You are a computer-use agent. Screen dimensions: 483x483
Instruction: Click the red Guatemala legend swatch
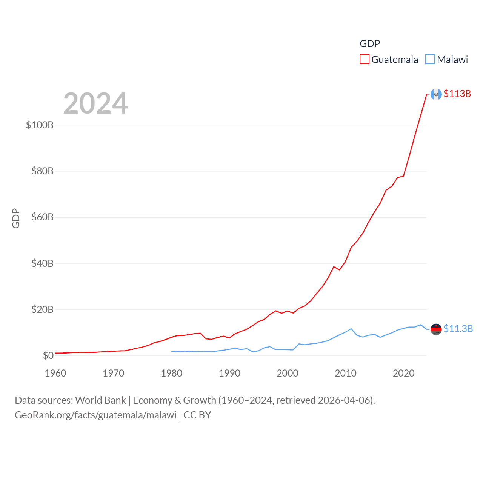click(364, 60)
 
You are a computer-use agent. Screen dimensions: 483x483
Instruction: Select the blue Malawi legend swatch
click(430, 60)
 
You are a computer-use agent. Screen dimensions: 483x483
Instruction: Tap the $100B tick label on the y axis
click(40, 125)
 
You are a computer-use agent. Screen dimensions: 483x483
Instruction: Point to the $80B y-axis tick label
click(42, 171)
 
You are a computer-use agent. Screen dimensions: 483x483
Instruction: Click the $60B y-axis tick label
click(42, 217)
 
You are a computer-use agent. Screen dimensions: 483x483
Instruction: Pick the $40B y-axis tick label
click(42, 263)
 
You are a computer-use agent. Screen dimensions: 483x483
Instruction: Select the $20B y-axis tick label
click(42, 309)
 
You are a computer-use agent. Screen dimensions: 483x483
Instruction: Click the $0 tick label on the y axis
click(48, 355)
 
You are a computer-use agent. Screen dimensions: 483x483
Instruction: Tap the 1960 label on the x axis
click(55, 373)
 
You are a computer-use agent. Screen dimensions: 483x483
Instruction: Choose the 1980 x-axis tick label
click(171, 373)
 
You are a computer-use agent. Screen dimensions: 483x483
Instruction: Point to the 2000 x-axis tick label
click(288, 373)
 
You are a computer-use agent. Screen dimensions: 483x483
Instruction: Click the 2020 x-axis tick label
click(404, 373)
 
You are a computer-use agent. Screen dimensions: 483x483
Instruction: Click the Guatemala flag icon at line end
click(436, 94)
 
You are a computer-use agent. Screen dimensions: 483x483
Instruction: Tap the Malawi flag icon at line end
click(436, 329)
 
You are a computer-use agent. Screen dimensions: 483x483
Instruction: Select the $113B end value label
click(457, 94)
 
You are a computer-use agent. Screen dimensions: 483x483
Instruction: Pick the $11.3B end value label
click(458, 329)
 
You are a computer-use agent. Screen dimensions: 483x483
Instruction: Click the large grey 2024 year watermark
click(95, 103)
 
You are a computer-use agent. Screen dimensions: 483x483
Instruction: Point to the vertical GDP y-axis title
click(16, 218)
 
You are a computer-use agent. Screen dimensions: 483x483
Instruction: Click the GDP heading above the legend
click(370, 44)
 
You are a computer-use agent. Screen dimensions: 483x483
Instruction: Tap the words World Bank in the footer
click(100, 400)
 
